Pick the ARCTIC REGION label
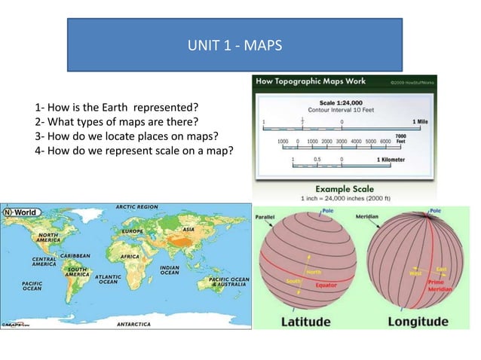[x=136, y=206]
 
